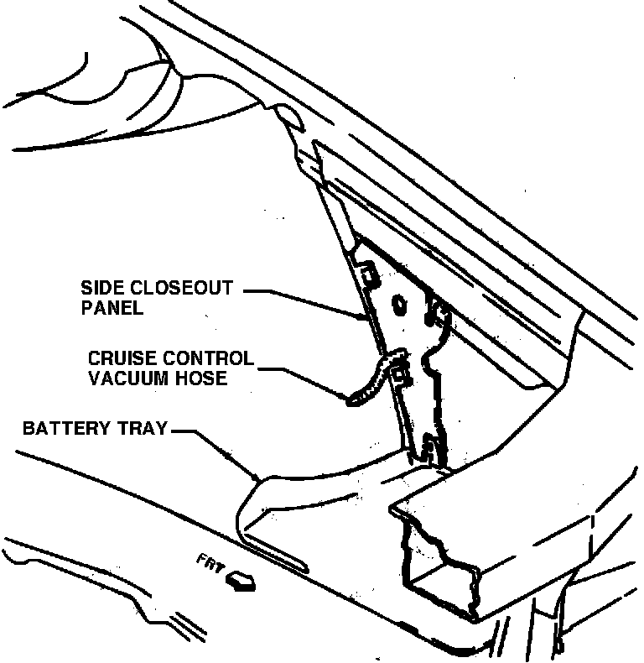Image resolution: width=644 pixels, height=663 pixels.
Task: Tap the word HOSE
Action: pos(204,378)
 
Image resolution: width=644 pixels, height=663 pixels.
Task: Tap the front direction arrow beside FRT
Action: pos(241,581)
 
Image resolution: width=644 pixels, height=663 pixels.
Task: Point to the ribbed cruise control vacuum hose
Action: pos(369,382)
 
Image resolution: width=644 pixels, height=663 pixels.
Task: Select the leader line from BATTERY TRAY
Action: pos(218,449)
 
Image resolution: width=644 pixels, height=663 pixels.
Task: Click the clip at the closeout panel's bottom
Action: pos(431,449)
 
